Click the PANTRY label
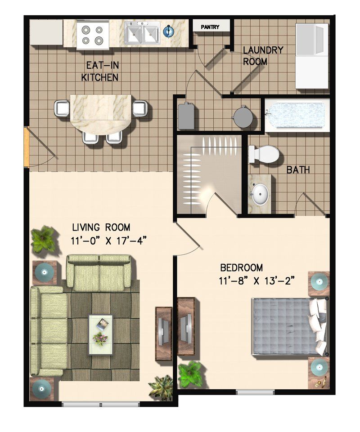point(210,27)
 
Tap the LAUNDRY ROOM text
point(263,55)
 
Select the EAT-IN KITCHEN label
point(100,71)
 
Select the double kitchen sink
point(142,33)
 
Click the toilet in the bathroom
point(264,154)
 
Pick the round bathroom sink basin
point(260,194)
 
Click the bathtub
point(295,115)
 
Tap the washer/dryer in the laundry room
point(311,56)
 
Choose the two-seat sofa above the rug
point(99,272)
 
